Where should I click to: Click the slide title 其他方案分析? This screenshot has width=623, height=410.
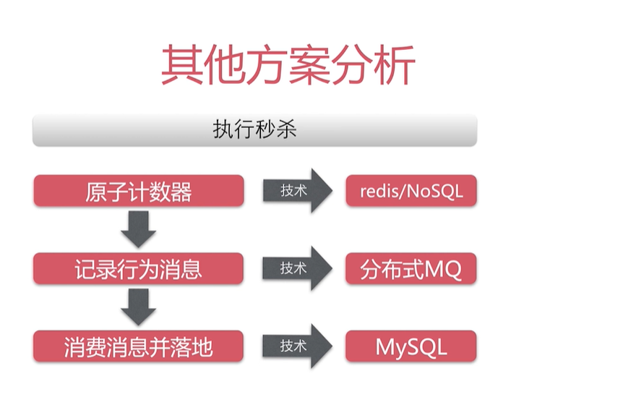pyautogui.click(x=288, y=64)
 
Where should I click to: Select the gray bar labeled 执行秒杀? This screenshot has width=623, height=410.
pyautogui.click(x=254, y=130)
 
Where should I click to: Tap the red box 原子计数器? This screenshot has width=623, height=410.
pyautogui.click(x=139, y=191)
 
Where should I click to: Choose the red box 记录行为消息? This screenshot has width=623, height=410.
pyautogui.click(x=138, y=268)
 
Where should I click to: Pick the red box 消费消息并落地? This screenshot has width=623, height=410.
pyautogui.click(x=138, y=346)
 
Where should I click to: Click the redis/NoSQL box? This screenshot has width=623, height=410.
pyautogui.click(x=411, y=191)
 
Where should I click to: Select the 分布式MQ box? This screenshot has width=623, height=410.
pyautogui.click(x=411, y=268)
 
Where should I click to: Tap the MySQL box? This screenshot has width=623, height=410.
pyautogui.click(x=411, y=346)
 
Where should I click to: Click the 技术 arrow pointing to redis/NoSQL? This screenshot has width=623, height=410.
pyautogui.click(x=298, y=190)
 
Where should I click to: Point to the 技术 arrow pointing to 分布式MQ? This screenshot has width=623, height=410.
pyautogui.click(x=297, y=268)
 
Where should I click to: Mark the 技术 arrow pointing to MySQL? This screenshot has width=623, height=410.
pyautogui.click(x=297, y=346)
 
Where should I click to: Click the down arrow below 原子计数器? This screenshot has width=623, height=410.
pyautogui.click(x=138, y=229)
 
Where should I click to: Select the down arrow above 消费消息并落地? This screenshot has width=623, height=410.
pyautogui.click(x=138, y=307)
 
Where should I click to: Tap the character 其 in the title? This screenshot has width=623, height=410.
pyautogui.click(x=182, y=64)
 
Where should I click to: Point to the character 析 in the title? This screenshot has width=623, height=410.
pyautogui.click(x=395, y=64)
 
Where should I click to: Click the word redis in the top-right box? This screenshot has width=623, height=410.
pyautogui.click(x=380, y=192)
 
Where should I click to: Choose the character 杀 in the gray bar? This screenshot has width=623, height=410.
pyautogui.click(x=286, y=129)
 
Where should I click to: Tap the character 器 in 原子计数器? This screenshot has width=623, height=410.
pyautogui.click(x=181, y=192)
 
